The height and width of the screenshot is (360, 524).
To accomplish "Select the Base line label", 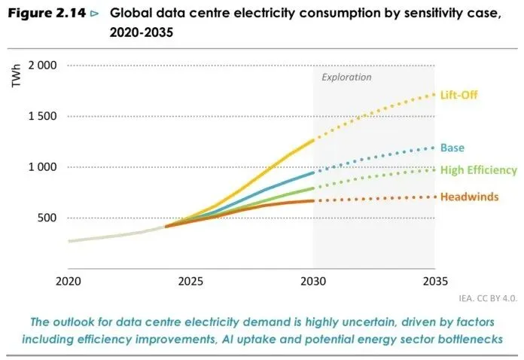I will [x=452, y=148].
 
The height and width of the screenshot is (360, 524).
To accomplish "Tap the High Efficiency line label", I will [x=478, y=169].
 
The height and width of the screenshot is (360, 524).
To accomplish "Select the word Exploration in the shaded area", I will [x=346, y=77].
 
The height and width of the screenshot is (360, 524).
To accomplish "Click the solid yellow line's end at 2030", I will [x=312, y=140].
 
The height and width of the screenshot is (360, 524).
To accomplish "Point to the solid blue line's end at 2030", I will [x=312, y=172].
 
